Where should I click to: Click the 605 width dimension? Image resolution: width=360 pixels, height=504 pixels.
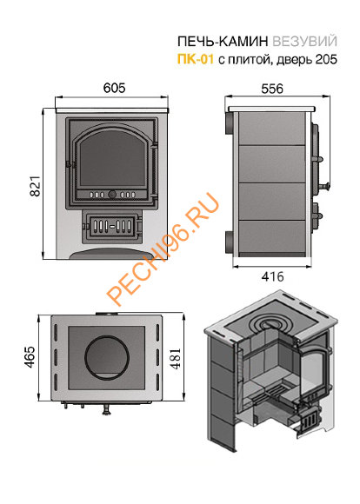114,88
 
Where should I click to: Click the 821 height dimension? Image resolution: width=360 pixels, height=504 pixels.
35,186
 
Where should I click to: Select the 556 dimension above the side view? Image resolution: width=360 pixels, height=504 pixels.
272,89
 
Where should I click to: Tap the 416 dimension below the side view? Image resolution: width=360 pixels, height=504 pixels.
272,276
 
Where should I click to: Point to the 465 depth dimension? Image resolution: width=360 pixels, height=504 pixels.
30,357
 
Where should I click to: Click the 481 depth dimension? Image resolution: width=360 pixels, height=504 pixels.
176,358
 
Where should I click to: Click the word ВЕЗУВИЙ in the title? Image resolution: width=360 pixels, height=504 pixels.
304,42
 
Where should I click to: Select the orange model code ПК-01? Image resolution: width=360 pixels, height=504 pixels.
196,59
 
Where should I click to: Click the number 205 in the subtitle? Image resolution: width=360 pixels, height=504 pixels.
326,59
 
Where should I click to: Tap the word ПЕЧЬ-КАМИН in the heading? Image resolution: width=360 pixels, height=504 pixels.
223,42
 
